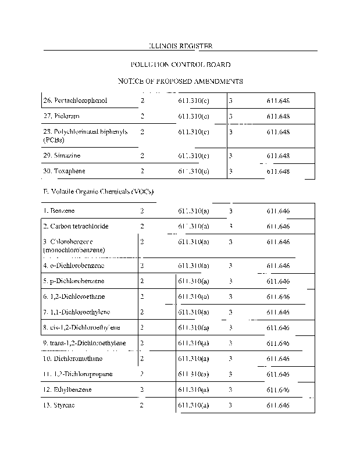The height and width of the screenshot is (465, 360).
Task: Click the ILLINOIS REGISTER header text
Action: coord(180,46)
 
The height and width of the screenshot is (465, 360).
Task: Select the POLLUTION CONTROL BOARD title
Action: coord(180,65)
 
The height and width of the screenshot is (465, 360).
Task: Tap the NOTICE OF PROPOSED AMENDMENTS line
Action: coord(180,81)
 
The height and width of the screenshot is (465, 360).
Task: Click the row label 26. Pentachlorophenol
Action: coord(75,101)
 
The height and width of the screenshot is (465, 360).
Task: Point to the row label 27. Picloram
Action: coord(61,117)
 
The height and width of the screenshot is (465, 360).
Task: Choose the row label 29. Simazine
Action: coord(62,156)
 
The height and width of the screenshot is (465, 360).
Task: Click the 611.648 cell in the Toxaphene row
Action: coord(278,171)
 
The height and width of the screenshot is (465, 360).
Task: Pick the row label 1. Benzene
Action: coord(59,210)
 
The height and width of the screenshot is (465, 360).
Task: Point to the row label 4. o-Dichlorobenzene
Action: coord(74,266)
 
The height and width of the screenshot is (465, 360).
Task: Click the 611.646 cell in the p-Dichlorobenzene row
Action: coord(278,281)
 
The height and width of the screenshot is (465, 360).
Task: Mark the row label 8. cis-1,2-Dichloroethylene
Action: coord(84,328)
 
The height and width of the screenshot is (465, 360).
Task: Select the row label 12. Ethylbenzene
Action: coord(67,389)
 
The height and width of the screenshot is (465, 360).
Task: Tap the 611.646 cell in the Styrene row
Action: coord(278,405)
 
